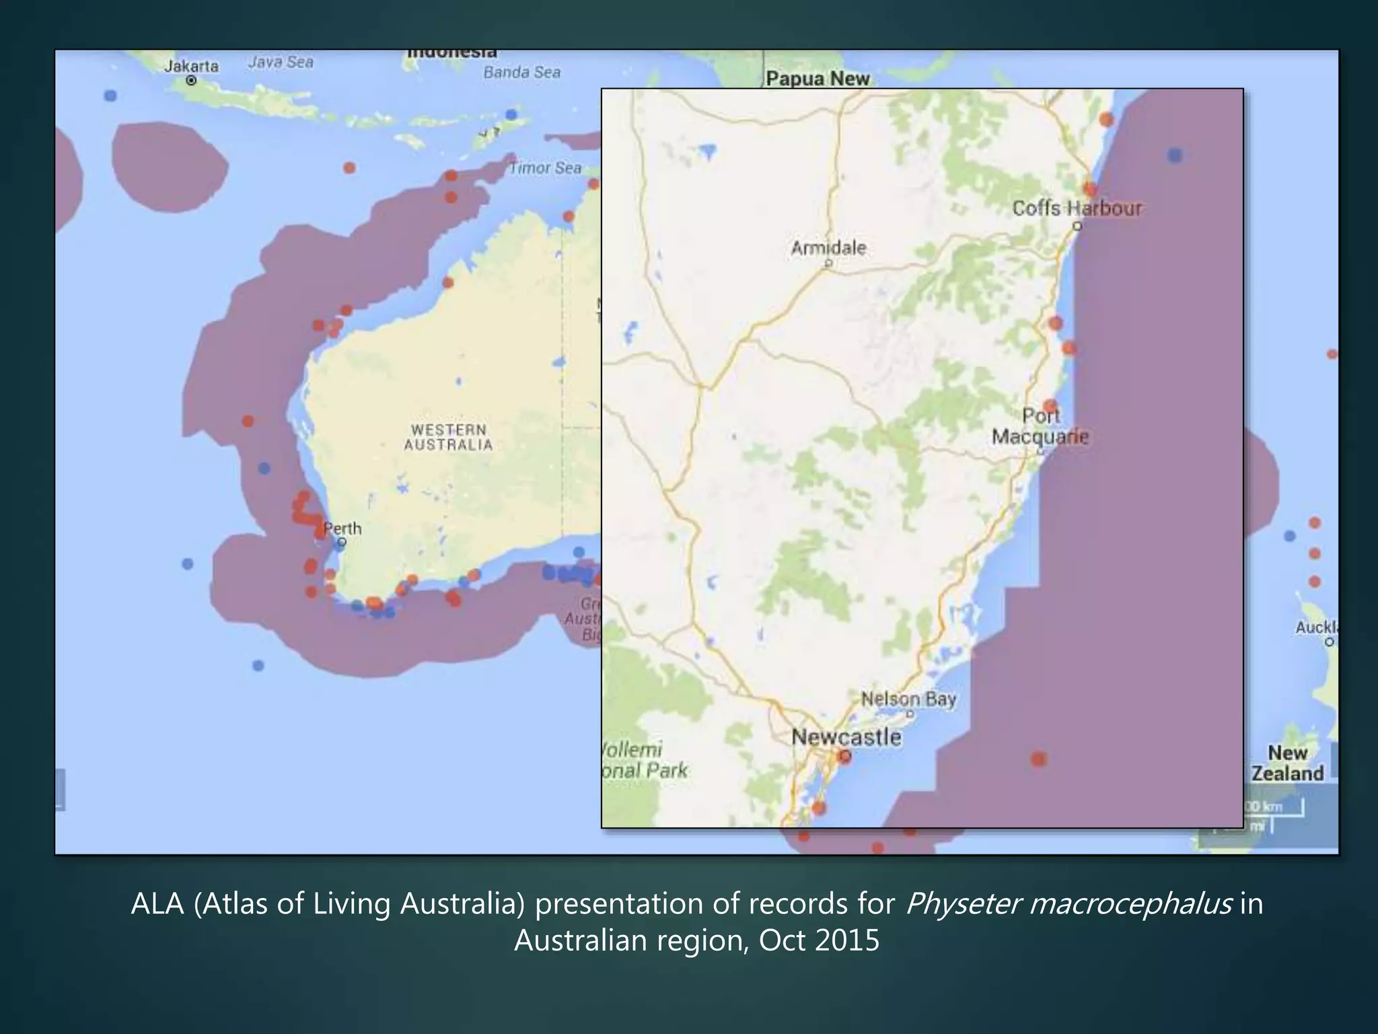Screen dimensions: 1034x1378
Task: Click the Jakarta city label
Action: click(x=191, y=66)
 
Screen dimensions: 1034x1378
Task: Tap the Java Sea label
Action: click(x=281, y=63)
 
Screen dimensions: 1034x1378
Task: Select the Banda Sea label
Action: click(x=521, y=72)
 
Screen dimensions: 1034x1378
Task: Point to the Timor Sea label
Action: click(x=545, y=168)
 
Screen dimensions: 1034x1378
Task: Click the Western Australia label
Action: click(x=448, y=437)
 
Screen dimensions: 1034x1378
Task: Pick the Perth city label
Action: click(x=342, y=528)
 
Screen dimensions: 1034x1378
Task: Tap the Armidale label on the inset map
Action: click(x=828, y=248)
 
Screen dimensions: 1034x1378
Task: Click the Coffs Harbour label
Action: click(x=1077, y=209)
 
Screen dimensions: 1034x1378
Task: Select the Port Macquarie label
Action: click(x=1040, y=426)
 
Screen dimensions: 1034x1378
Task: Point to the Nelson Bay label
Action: click(x=908, y=699)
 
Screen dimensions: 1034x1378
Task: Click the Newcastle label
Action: click(x=846, y=736)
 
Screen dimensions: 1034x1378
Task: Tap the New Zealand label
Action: click(x=1287, y=763)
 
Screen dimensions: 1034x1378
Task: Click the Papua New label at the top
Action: click(x=818, y=79)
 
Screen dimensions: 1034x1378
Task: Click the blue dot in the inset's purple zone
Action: click(x=1175, y=156)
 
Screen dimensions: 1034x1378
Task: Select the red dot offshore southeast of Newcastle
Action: click(x=1038, y=759)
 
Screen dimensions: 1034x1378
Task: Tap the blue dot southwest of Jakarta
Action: click(x=110, y=96)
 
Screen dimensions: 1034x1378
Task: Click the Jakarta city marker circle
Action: click(x=191, y=81)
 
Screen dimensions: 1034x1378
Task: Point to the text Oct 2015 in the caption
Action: click(x=819, y=940)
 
